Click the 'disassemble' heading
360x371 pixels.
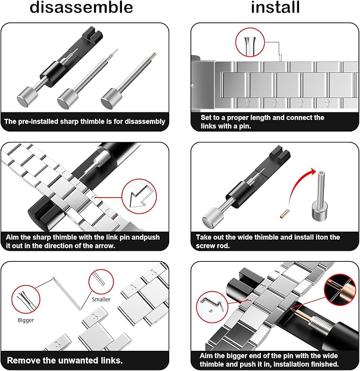pos(81,7)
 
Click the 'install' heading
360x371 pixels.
pos(275,7)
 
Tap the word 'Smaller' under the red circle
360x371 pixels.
pos(101,299)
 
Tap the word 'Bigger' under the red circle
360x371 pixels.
pos(26,320)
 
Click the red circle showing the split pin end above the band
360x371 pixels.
pos(250,42)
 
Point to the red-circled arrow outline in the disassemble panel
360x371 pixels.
pos(139,196)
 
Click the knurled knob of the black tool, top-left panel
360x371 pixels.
pos(28,97)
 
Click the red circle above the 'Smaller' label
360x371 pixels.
pos(101,281)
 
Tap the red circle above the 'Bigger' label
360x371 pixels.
pos(26,299)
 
